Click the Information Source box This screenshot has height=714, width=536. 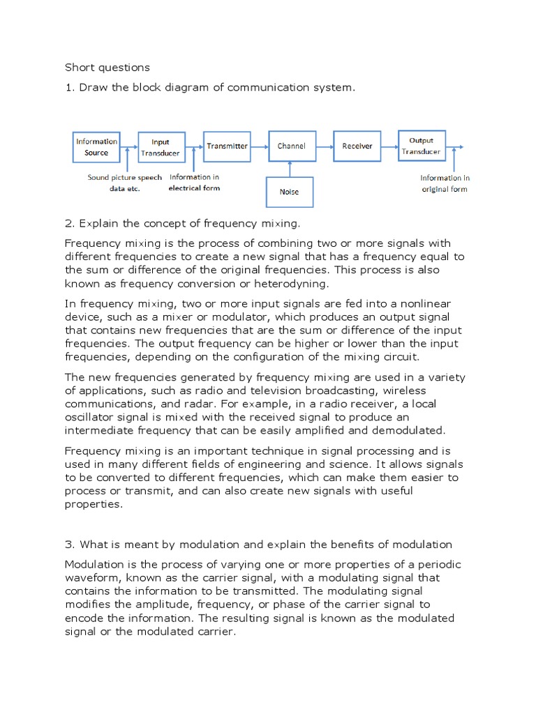click(x=96, y=147)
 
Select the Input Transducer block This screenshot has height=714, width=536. click(x=161, y=147)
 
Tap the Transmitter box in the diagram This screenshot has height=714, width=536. click(x=227, y=146)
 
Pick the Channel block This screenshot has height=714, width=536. click(x=291, y=146)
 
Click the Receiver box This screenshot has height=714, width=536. click(x=357, y=146)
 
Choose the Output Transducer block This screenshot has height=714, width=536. click(x=421, y=145)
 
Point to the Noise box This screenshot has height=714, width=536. click(x=289, y=192)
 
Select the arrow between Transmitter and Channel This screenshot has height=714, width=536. click(x=259, y=146)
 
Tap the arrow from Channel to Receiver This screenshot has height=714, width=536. click(x=324, y=146)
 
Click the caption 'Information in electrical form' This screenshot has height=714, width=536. click(x=194, y=183)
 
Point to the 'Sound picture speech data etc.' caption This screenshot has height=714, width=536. click(x=124, y=183)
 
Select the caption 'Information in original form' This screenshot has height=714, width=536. click(x=445, y=183)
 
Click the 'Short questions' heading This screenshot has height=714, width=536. click(x=107, y=68)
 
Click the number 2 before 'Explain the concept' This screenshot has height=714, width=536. click(x=68, y=223)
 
